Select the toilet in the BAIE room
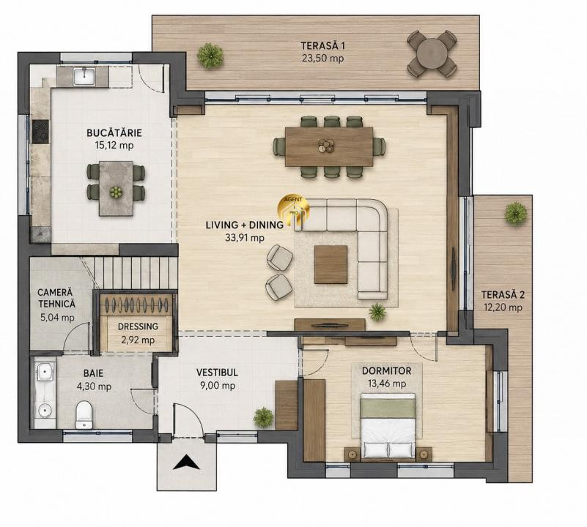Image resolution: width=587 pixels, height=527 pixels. point(84,414)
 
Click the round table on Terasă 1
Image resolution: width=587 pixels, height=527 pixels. point(432,54)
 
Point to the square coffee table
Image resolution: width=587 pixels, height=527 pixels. point(331,264)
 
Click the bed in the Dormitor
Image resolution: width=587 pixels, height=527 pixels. point(388,426)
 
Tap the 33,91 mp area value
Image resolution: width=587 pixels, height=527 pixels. point(245,237)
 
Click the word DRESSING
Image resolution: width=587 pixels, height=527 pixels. point(139,326)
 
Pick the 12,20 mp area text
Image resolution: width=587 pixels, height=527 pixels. point(503,307)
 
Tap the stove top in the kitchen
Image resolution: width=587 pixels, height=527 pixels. point(40,131)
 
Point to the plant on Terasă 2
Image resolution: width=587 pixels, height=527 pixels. point(515,213)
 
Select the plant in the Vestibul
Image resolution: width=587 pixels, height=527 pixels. point(264,417)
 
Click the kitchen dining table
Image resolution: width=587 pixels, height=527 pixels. point(116,189)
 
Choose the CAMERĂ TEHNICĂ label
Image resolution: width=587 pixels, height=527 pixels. point(56,298)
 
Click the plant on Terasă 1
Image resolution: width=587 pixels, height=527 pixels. point(210,55)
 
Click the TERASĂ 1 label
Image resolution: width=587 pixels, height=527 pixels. point(323,45)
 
